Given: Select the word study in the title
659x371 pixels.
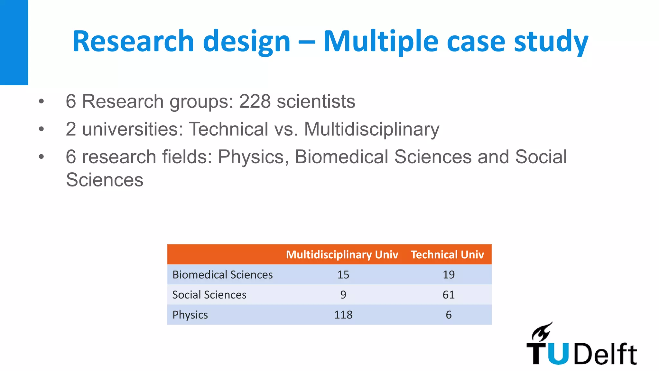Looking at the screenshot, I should click(551, 42).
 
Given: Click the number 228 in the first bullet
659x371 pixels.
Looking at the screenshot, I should click(255, 101).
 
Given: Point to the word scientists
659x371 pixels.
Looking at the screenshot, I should click(316, 101).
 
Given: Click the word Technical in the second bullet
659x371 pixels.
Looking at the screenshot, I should click(228, 129).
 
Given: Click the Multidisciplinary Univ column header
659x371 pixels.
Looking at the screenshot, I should click(342, 254).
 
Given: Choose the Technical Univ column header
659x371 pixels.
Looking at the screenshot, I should click(447, 254).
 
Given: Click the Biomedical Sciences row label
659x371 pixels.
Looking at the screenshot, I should click(222, 275).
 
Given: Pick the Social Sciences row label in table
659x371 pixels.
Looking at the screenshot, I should click(209, 295).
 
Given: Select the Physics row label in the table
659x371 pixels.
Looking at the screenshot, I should click(190, 315).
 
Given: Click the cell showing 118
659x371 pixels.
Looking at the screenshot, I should click(343, 315).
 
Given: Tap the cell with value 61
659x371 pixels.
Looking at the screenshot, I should click(449, 295).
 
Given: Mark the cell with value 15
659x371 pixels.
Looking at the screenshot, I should click(343, 275).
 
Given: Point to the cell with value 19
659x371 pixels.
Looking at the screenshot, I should click(449, 275).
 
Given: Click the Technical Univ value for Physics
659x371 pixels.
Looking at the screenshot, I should click(449, 315).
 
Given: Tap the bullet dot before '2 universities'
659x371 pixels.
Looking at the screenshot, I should click(41, 129).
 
